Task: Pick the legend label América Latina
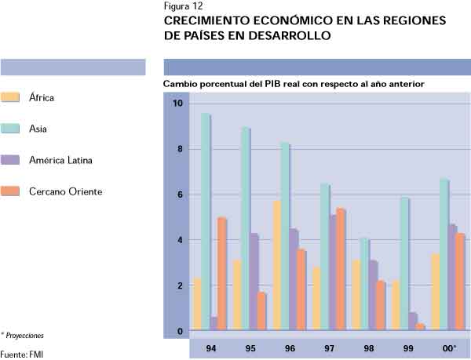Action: point(60,160)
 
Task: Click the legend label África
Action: point(41,98)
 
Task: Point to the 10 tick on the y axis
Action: point(177,104)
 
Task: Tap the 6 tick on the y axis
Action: point(179,195)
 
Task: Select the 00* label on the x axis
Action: point(448,348)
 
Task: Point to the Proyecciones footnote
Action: point(24,335)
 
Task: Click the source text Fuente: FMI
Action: point(21,353)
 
